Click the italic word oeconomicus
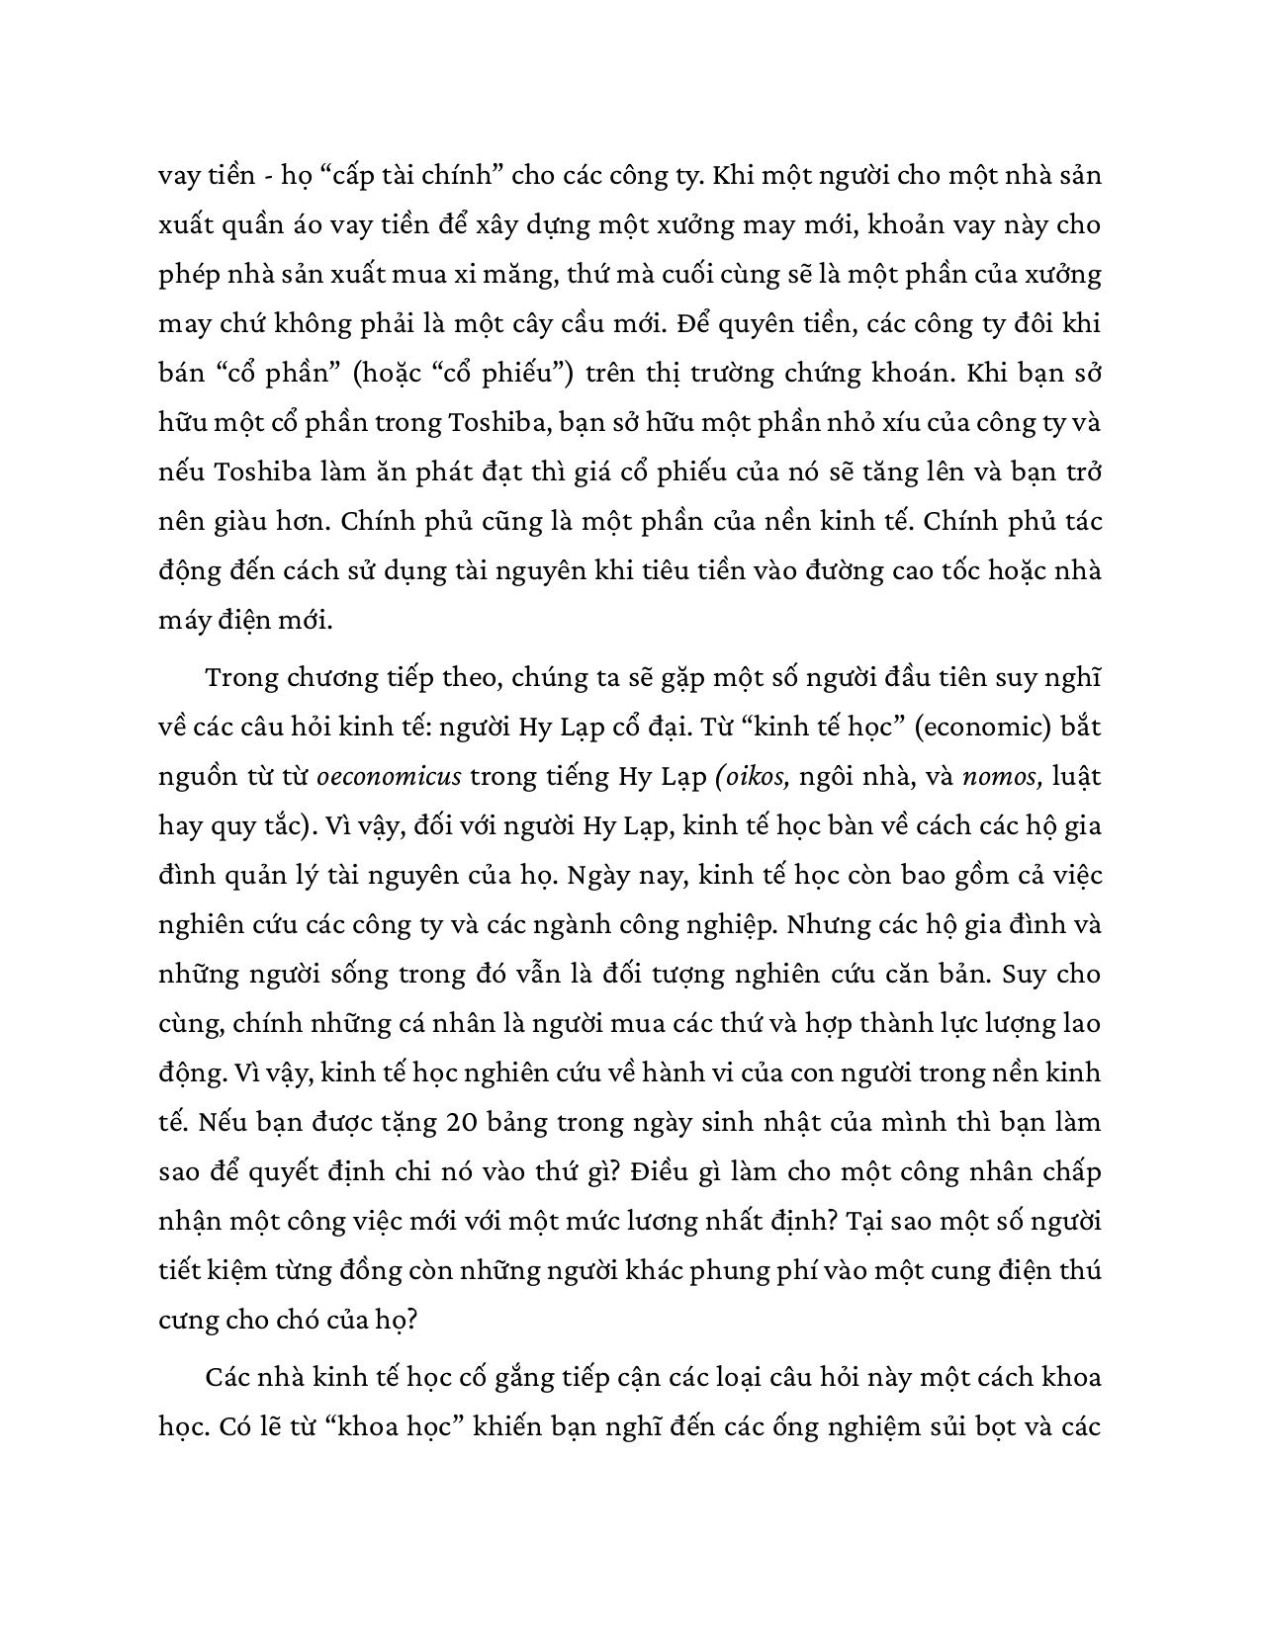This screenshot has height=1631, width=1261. [x=389, y=777]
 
